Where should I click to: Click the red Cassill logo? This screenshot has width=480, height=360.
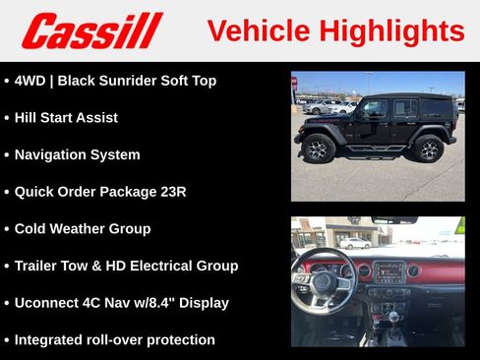pos(91,30)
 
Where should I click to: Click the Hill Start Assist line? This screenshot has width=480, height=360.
pos(66,118)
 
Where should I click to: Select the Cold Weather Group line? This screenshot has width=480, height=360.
pos(83,229)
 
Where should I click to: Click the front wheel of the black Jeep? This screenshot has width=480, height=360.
pos(318,150)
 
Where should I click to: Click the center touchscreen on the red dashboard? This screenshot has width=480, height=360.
pos(389,272)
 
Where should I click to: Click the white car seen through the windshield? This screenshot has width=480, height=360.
pos(354,243)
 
